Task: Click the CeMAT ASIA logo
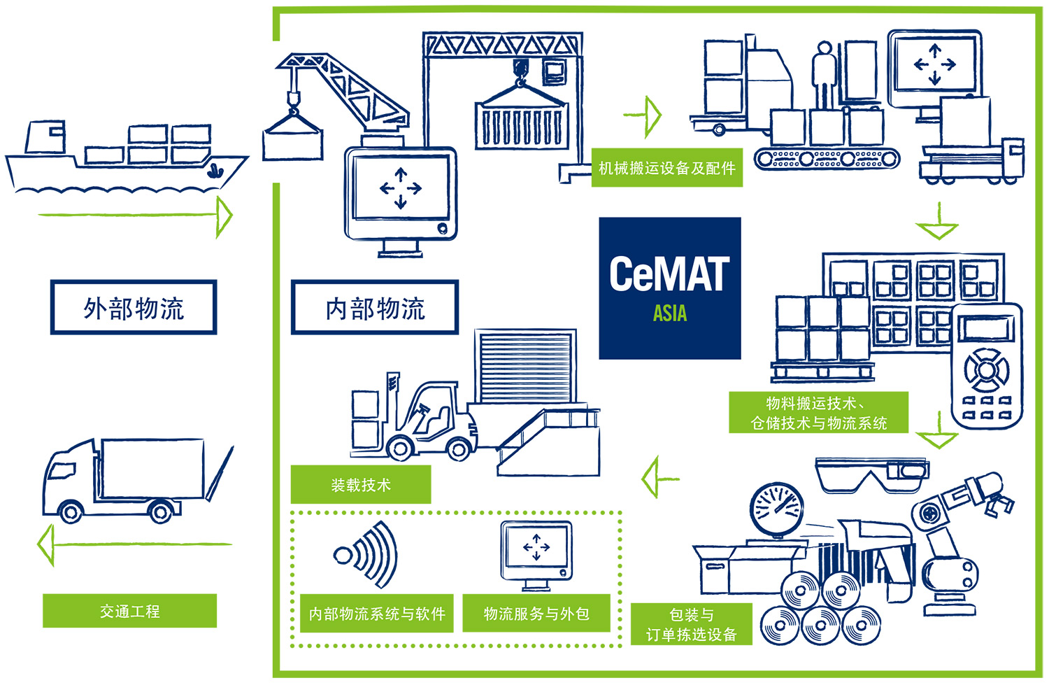[x=669, y=288]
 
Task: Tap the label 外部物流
[x=134, y=308]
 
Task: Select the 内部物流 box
[x=375, y=308]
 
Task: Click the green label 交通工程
[x=129, y=611]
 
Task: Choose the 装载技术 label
[x=361, y=484]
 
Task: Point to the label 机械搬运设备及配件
[x=666, y=168]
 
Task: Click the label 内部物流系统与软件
[x=377, y=614]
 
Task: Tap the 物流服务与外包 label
[x=536, y=614]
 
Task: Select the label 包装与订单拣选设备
[x=692, y=624]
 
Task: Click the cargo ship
[x=126, y=157]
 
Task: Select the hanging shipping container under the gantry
[x=521, y=122]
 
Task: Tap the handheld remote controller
[x=986, y=364]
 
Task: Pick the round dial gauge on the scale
[x=776, y=507]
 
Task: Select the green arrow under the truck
[x=133, y=544]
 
